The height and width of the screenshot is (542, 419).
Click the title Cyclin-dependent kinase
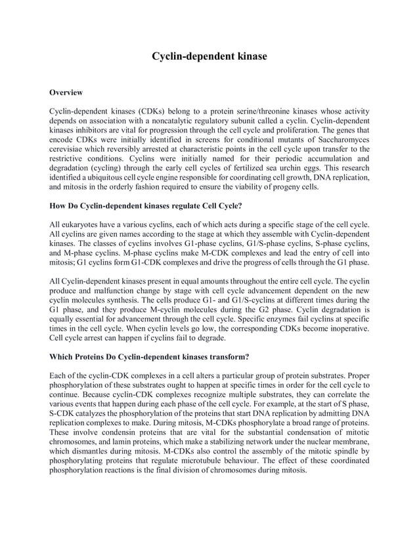[x=209, y=56]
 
